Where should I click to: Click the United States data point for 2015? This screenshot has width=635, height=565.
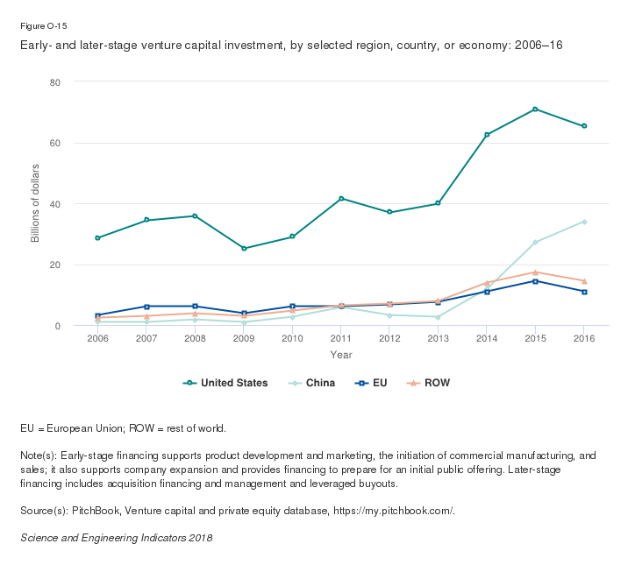click(535, 109)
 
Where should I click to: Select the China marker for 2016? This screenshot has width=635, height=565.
click(584, 222)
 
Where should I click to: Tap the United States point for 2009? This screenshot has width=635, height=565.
click(244, 249)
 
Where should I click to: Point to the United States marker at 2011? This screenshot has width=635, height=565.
click(341, 199)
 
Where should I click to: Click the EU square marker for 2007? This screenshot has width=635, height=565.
click(146, 307)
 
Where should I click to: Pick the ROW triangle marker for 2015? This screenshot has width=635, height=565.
click(535, 272)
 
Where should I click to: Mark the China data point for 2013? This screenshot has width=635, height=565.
click(438, 317)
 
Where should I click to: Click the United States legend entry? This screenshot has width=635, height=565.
click(225, 383)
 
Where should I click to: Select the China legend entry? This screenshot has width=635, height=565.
click(312, 383)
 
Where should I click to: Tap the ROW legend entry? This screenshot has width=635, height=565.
click(431, 383)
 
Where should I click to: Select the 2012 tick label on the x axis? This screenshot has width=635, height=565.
click(389, 339)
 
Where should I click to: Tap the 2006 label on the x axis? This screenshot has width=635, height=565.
click(98, 339)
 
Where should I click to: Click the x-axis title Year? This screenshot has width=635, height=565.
click(341, 355)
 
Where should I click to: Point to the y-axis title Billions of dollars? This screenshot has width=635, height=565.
click(36, 203)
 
